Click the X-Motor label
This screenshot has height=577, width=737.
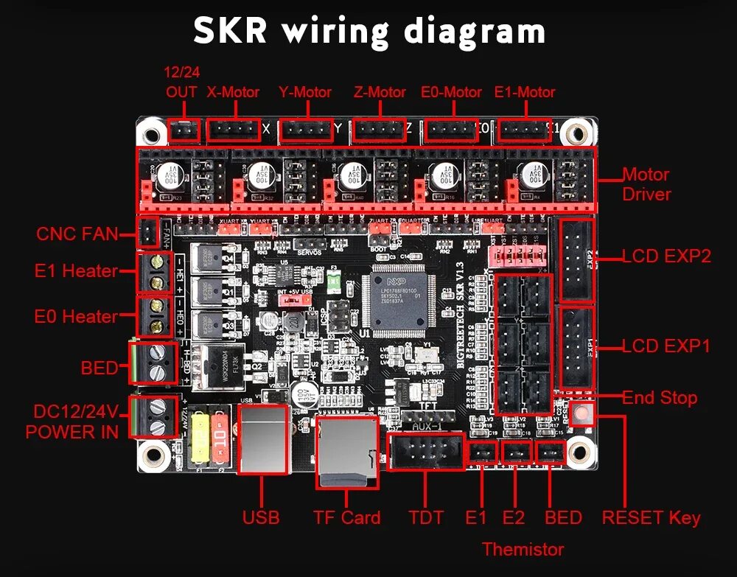point(233,92)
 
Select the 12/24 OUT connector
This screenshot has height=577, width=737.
point(184,130)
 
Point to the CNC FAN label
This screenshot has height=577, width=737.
point(77,234)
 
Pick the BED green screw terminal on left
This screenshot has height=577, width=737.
point(153,363)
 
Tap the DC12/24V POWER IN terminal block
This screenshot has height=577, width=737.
point(154,417)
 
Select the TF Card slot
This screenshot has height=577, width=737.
point(346,452)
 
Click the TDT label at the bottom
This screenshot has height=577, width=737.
point(426,517)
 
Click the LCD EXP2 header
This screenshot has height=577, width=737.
point(577,260)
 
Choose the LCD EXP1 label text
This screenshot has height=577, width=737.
point(666,346)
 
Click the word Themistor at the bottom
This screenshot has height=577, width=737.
point(523,549)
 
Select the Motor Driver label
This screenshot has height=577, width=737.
point(646,184)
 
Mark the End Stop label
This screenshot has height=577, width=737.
point(660,398)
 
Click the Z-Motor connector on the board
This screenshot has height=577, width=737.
point(379,130)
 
